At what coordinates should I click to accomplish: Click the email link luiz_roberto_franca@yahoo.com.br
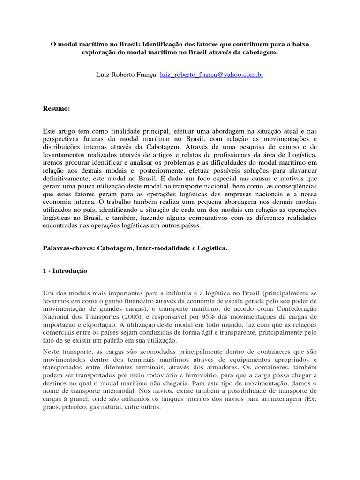(x=211, y=74)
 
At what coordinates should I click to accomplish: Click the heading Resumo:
(x=56, y=109)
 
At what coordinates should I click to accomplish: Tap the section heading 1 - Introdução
(x=65, y=271)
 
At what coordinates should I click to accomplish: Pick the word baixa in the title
(x=300, y=44)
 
